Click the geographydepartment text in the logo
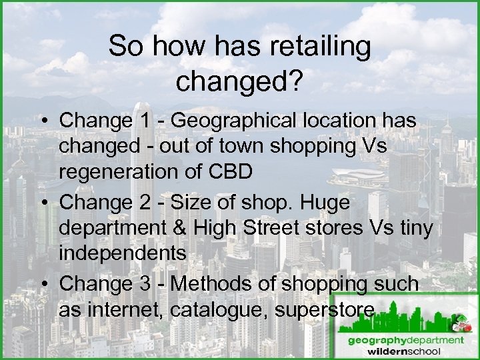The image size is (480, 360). pos(405,339)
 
